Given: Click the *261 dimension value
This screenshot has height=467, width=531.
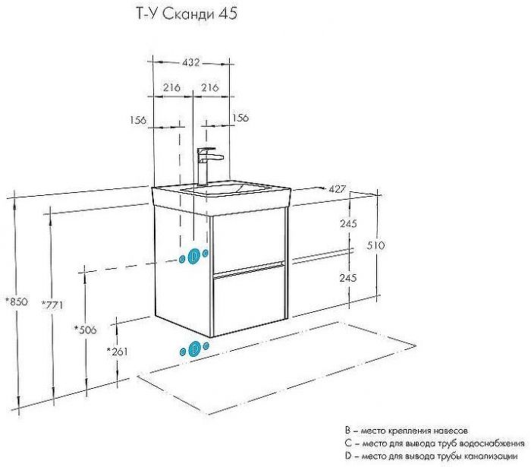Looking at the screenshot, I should (118, 351).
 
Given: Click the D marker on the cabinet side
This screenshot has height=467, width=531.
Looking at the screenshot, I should (194, 255).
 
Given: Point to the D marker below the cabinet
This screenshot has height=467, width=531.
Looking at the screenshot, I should (195, 349).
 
